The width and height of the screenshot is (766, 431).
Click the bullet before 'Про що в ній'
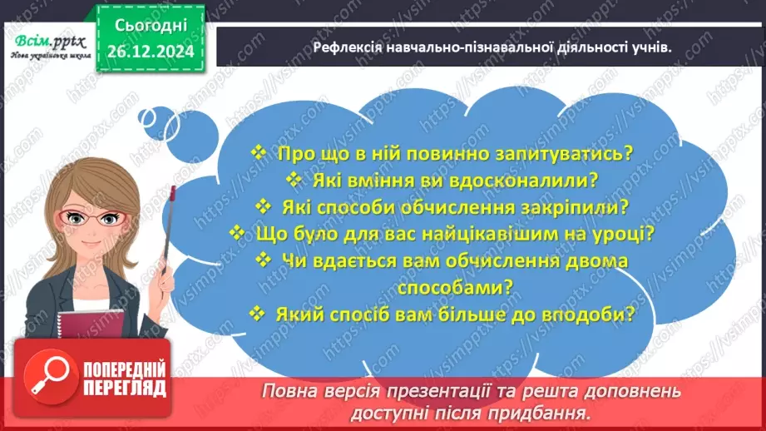258,153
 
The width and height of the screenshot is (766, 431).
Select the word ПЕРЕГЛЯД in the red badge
125,388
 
